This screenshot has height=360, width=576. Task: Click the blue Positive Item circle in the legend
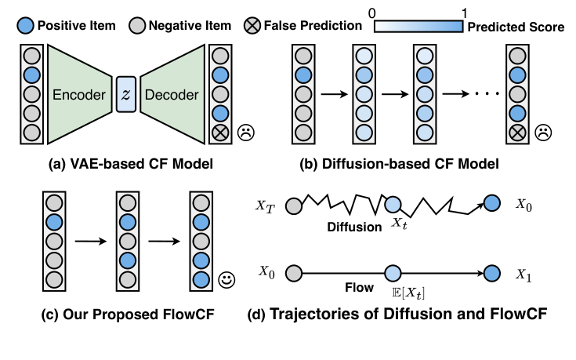pos(11,26)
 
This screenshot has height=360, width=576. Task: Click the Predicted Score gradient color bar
pos(418,26)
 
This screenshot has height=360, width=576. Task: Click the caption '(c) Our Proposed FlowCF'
pos(117,316)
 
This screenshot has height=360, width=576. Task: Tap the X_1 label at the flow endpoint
pos(523,275)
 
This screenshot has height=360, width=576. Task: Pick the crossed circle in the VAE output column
pos(219,131)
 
